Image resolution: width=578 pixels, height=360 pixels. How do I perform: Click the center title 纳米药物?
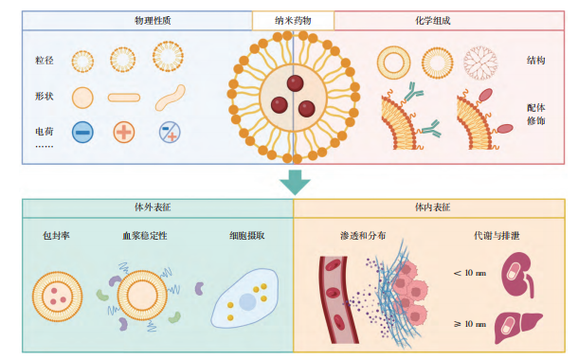[293, 19]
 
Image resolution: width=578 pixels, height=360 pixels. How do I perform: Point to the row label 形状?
[45, 97]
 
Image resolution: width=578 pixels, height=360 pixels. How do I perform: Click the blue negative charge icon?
[82, 133]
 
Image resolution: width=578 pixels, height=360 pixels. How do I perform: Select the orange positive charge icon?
[124, 133]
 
